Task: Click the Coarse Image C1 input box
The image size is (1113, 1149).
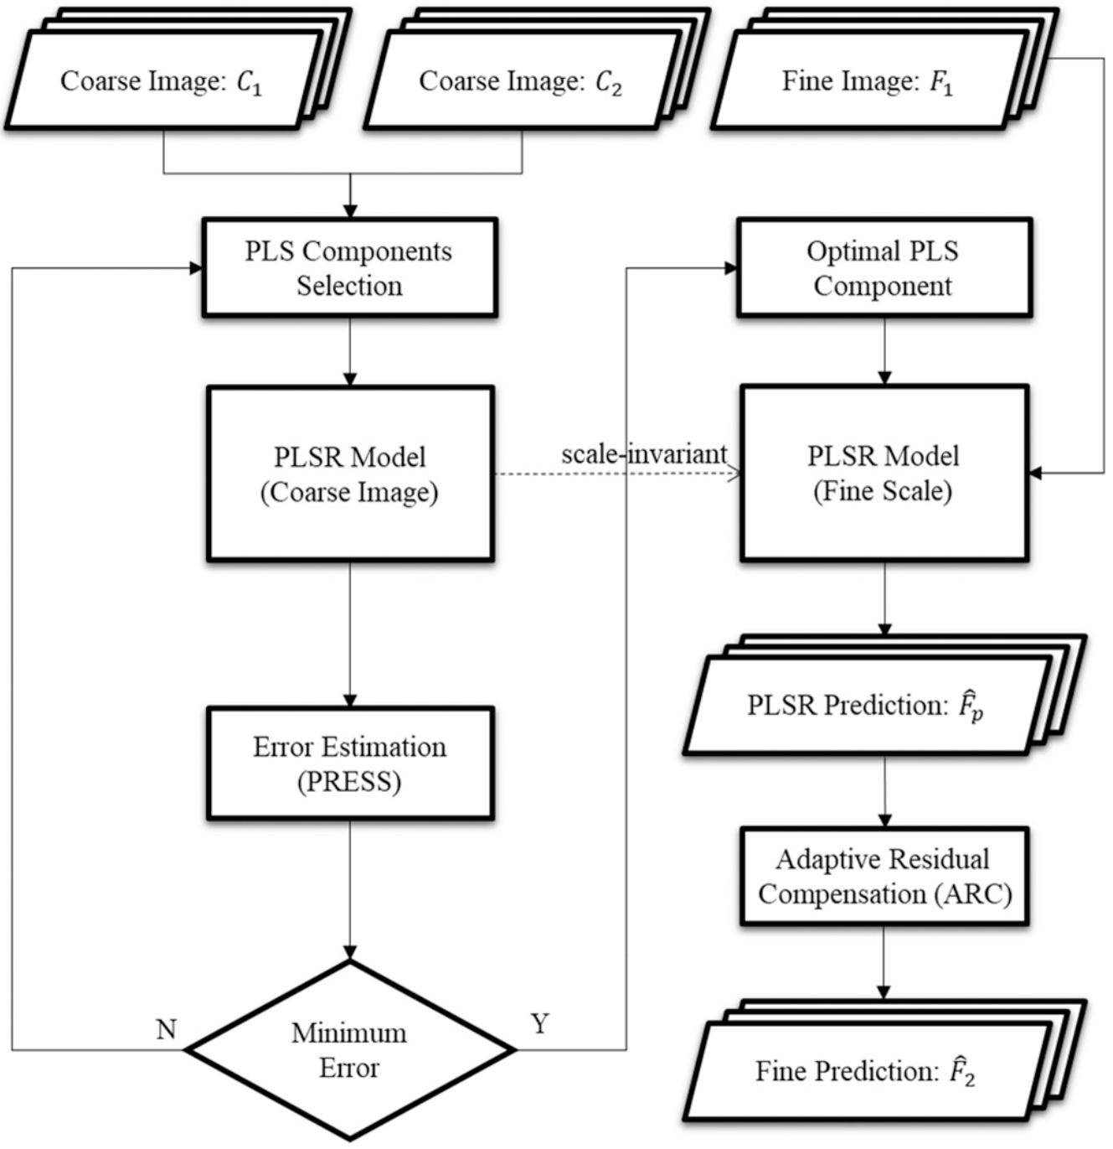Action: [x=162, y=81]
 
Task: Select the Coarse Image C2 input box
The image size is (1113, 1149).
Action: [x=520, y=81]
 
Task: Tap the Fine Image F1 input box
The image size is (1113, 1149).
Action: [x=868, y=81]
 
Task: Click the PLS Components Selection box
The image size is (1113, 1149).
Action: [x=349, y=268]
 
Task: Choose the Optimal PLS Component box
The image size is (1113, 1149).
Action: [x=884, y=268]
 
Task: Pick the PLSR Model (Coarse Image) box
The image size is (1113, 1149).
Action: [x=349, y=474]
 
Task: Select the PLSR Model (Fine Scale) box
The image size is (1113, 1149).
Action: [x=884, y=474]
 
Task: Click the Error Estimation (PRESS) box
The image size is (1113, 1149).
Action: [x=349, y=763]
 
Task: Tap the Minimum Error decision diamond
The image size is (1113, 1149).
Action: [x=349, y=1050]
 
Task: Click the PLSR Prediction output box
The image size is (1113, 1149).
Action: [x=866, y=706]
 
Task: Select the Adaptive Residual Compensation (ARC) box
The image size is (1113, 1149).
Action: [x=884, y=877]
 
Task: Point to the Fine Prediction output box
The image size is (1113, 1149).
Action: [x=866, y=1071]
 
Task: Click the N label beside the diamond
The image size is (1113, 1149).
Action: [x=166, y=1029]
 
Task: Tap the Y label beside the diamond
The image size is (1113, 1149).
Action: [x=539, y=1023]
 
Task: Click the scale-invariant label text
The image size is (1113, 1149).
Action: [x=643, y=454]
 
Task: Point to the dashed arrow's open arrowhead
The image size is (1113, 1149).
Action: [x=734, y=474]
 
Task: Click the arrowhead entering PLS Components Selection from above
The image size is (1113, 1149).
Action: [x=350, y=210]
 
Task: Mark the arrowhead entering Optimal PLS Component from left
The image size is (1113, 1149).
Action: [x=730, y=268]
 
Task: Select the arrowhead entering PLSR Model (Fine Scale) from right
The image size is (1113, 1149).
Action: [x=1036, y=474]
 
